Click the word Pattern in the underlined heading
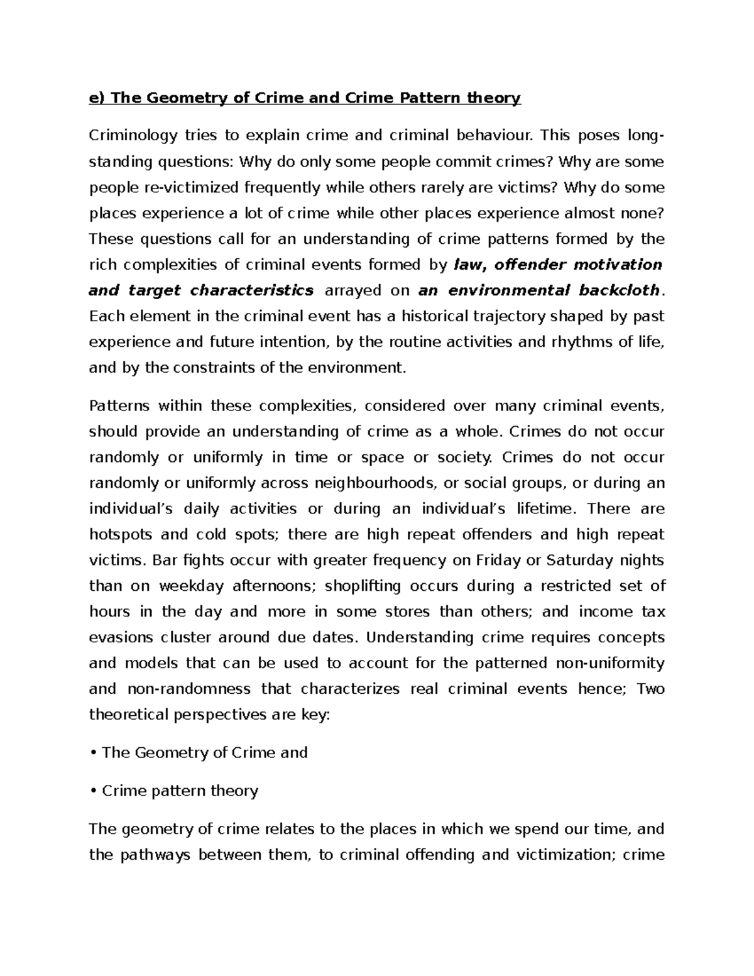click(429, 98)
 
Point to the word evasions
click(121, 637)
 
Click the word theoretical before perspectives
click(128, 715)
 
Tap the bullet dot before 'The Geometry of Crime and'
click(93, 753)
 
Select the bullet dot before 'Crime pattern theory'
click(93, 791)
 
